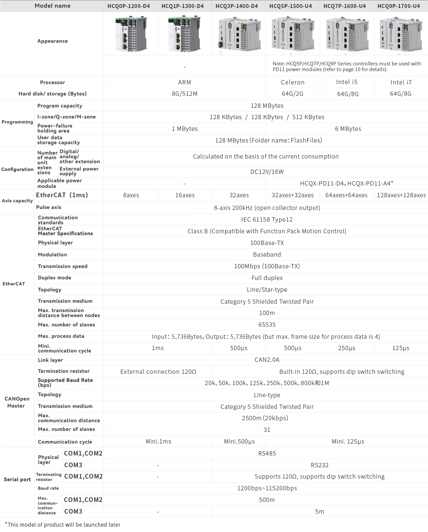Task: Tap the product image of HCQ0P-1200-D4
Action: tap(131, 34)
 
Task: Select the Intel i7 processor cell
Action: tap(401, 82)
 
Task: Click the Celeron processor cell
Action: tap(293, 82)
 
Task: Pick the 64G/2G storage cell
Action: tap(293, 94)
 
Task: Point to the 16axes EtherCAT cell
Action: tap(185, 195)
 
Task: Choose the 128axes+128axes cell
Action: tap(401, 195)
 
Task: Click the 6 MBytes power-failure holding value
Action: tap(348, 129)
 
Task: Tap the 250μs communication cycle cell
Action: tap(346, 348)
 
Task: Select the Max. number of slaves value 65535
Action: tap(267, 325)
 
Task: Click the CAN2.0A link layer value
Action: tap(267, 360)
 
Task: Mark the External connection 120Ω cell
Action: tap(158, 372)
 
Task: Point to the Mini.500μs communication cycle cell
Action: tap(239, 442)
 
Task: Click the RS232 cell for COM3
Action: tap(319, 465)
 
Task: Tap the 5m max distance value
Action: tap(319, 511)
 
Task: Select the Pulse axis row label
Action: tap(49, 207)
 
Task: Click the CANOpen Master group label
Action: tap(17, 402)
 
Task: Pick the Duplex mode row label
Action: tap(54, 278)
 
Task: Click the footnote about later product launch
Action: tap(63, 525)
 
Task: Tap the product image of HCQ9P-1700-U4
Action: tap(401, 34)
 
